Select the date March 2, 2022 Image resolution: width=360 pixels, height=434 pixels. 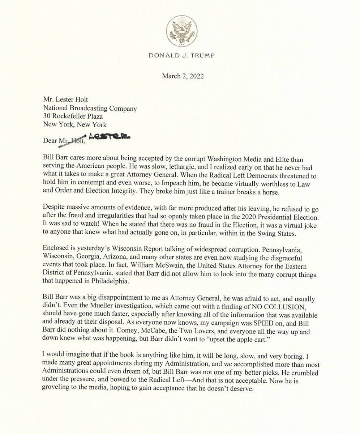coord(183,76)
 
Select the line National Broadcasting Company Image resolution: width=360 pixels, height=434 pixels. coord(90,108)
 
